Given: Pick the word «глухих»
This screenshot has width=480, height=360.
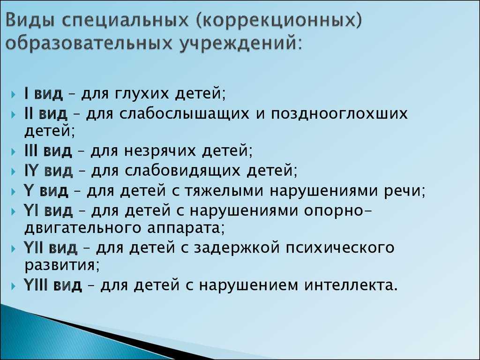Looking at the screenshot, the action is [x=142, y=94].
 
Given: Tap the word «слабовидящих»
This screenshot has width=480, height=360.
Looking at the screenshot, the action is [x=183, y=171].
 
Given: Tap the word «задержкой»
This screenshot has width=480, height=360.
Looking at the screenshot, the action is [x=237, y=247].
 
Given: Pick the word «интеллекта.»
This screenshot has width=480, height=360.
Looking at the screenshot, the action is [x=351, y=285].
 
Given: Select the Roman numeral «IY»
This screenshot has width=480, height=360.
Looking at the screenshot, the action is [x=30, y=171].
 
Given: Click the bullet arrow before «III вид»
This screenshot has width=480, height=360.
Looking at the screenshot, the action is [x=13, y=152].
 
